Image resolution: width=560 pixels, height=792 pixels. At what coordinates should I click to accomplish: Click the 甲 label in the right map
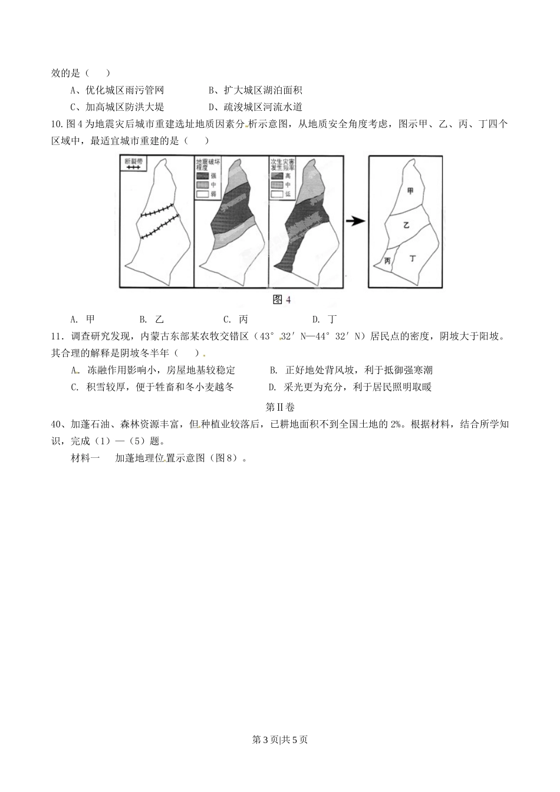pyautogui.click(x=410, y=190)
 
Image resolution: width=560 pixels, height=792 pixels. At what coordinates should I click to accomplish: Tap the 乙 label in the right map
pyautogui.click(x=406, y=225)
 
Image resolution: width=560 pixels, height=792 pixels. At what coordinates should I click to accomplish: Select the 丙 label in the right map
pyautogui.click(x=387, y=260)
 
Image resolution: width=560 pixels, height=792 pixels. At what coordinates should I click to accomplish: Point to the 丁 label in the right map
pyautogui.click(x=412, y=258)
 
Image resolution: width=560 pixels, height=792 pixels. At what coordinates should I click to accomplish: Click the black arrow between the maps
pyautogui.click(x=354, y=221)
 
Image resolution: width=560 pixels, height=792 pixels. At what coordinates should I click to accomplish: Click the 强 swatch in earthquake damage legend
pyautogui.click(x=202, y=175)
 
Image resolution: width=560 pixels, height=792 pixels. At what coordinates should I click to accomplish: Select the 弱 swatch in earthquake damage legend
pyautogui.click(x=202, y=193)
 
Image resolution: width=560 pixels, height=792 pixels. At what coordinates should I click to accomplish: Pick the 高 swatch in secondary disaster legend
pyautogui.click(x=277, y=175)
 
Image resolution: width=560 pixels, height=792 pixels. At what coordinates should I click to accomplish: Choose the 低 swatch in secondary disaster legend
pyautogui.click(x=277, y=193)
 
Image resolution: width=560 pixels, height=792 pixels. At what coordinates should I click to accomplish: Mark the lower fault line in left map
pyautogui.click(x=159, y=227)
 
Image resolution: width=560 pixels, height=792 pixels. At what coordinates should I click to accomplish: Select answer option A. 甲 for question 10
pyautogui.click(x=83, y=319)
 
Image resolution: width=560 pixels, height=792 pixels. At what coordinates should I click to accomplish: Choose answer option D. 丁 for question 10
pyautogui.click(x=325, y=319)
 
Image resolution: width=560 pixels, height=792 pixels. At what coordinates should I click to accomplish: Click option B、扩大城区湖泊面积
pyautogui.click(x=255, y=90)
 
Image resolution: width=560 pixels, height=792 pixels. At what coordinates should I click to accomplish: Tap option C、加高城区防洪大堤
pyautogui.click(x=117, y=107)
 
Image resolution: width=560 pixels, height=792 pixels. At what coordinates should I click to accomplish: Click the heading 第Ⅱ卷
pyautogui.click(x=280, y=407)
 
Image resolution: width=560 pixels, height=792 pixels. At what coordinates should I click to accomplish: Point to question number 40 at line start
pyautogui.click(x=57, y=424)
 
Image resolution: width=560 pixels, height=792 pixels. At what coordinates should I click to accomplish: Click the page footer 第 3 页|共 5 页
pyautogui.click(x=280, y=740)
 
